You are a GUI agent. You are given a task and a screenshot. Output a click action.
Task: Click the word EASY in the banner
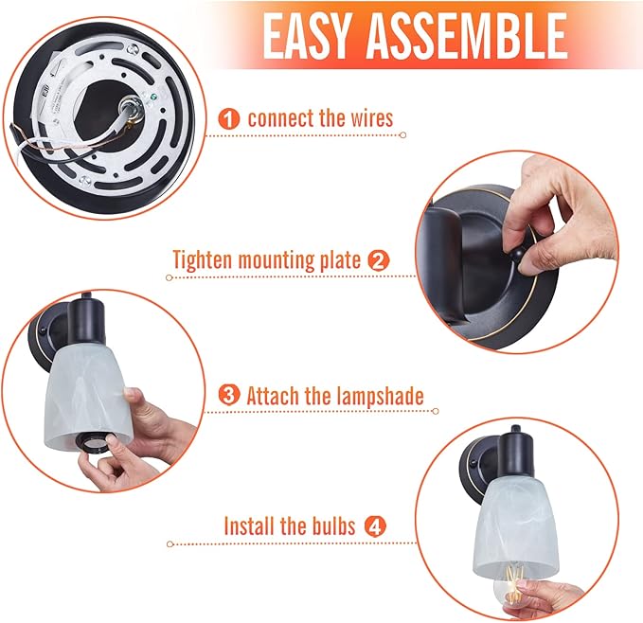306,36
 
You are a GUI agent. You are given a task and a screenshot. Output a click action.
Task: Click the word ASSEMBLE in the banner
467,36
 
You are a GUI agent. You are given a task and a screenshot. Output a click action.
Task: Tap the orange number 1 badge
229,119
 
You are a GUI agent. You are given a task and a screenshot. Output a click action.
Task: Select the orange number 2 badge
378,261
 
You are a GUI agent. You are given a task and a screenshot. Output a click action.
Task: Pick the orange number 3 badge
229,396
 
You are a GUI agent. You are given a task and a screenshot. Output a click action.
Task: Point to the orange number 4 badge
376,526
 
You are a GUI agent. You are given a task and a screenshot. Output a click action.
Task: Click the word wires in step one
372,118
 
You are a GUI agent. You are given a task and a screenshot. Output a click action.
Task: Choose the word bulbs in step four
332,525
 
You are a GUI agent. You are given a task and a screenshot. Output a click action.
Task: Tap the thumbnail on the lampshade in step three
132,395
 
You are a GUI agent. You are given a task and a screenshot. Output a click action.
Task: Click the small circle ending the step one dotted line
402,134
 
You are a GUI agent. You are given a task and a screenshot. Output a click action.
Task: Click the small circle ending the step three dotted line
435,411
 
